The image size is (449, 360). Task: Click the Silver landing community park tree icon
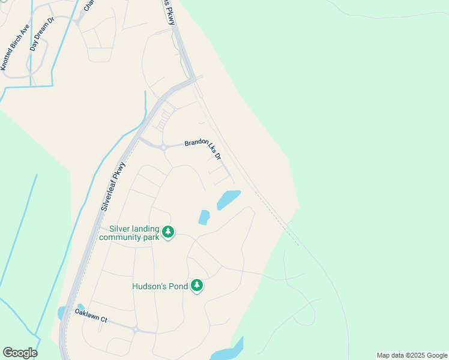[x=169, y=232]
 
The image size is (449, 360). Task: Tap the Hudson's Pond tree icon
[x=197, y=286]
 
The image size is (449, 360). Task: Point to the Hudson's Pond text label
[x=160, y=286]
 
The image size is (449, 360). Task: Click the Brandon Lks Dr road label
[x=203, y=148]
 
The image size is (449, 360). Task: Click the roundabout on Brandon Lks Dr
[x=163, y=146]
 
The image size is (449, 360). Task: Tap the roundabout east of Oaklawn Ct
[x=136, y=329]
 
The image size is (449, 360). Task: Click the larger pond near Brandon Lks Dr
[x=228, y=199]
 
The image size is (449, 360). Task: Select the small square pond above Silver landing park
[x=204, y=217]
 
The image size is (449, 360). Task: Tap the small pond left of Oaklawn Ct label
[x=61, y=313]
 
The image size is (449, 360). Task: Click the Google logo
[x=20, y=353]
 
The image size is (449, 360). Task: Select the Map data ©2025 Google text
[x=411, y=355]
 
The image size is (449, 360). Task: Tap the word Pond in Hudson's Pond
[x=179, y=286]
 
